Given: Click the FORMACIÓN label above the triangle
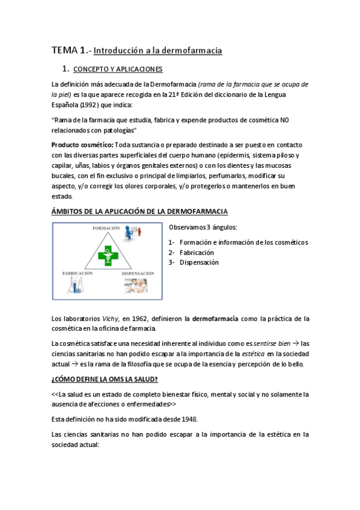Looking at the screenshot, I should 106,229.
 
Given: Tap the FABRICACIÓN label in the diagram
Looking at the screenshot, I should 78,273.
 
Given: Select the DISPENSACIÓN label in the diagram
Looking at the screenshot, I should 138,273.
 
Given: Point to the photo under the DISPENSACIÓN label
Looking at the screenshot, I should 136,286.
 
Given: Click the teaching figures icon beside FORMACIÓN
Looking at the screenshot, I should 134,231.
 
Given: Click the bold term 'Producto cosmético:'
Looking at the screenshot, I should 82,146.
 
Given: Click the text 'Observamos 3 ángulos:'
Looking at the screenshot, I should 203,227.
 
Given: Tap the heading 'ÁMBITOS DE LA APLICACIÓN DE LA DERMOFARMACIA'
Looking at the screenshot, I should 139,212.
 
